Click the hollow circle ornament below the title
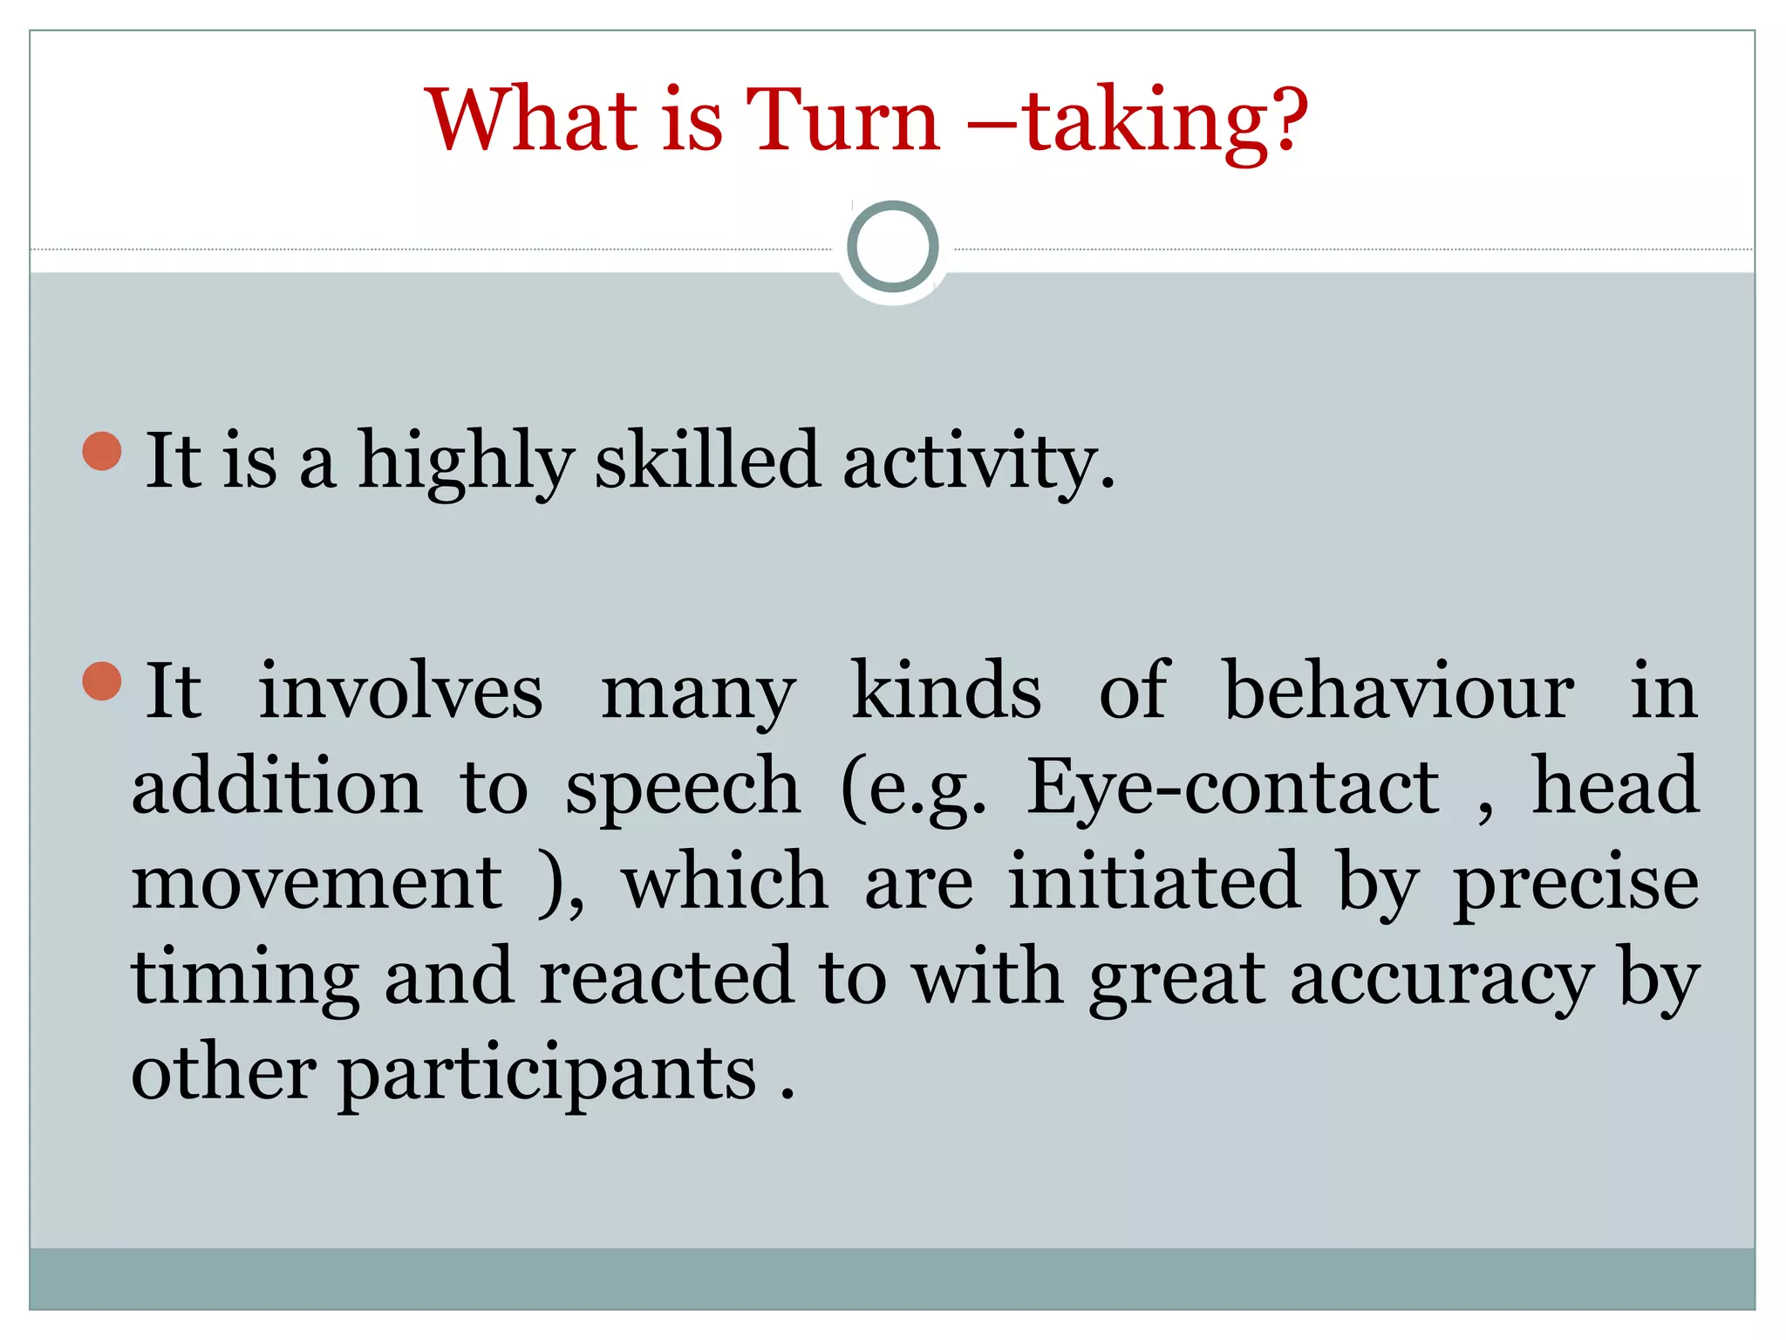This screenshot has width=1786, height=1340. point(892,247)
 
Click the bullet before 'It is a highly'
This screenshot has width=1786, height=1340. point(102,451)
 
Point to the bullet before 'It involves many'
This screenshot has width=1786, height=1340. point(102,681)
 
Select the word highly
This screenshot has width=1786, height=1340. point(466,461)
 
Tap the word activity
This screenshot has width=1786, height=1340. point(977,461)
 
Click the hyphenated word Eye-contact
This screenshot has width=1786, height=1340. point(1233,787)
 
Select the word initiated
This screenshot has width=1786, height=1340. point(1155,882)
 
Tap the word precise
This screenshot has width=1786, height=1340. point(1576,884)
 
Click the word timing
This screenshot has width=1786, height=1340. point(245,978)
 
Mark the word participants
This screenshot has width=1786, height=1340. point(547,1075)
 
